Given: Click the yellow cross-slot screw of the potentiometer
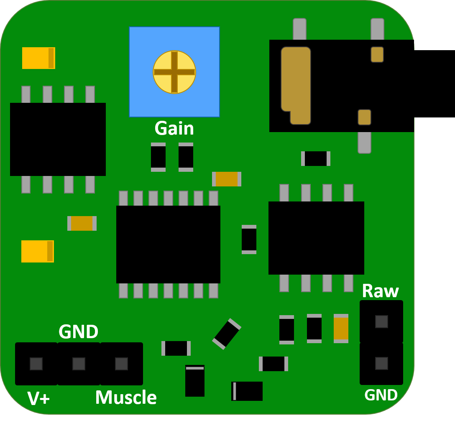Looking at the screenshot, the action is tap(174, 72).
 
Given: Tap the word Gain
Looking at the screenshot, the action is tap(174, 128).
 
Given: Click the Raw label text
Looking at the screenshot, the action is tap(380, 291).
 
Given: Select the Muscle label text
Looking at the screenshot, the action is tap(125, 398).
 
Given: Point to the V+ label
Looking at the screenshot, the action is tap(38, 398).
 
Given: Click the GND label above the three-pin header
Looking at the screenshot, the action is tap(78, 332).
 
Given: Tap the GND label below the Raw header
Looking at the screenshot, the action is tap(381, 395).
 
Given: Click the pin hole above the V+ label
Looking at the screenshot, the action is tap(36, 364).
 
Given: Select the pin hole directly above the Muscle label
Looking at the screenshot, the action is tap(121, 364).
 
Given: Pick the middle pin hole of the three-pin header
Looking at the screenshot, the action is tap(79, 364).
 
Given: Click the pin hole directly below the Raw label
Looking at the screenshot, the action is tap(381, 321).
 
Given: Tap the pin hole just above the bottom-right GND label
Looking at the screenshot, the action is tap(381, 363).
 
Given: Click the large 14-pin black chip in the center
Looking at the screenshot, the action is tap(168, 245).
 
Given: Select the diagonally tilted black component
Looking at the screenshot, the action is tap(227, 334).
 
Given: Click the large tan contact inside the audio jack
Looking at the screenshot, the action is tap(296, 84).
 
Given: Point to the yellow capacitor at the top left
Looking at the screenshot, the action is tap(38, 58).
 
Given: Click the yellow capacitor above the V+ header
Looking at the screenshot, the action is tap(38, 251).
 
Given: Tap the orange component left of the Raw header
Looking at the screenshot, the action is tap(341, 329).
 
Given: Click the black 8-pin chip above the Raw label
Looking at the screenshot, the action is tap(316, 238).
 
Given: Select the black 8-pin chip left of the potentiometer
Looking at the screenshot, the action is tap(58, 139).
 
